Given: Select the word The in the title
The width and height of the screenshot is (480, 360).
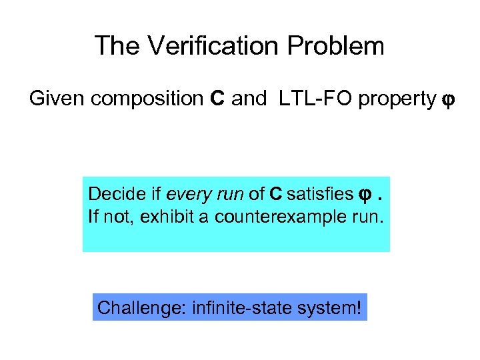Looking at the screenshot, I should [116, 46].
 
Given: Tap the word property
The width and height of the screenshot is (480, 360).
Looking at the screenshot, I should [397, 99].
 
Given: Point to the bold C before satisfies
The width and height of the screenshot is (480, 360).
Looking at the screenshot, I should [275, 194].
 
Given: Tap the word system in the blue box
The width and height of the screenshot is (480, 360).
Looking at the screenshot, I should [327, 309].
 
